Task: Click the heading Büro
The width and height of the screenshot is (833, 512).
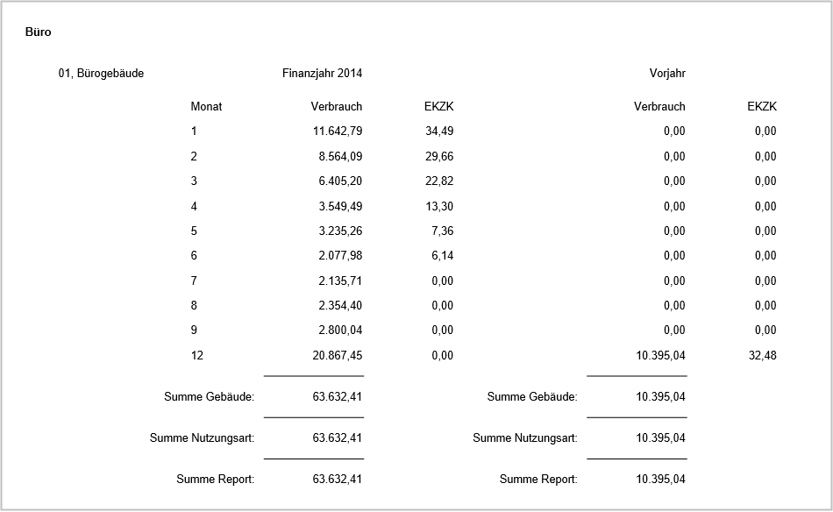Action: tap(39, 32)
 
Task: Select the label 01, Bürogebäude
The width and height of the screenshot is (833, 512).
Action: tap(101, 74)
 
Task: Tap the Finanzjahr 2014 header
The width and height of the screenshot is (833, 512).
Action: tap(322, 74)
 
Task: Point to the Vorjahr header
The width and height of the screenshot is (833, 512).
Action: tap(661, 74)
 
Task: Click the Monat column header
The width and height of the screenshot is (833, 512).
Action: tap(206, 107)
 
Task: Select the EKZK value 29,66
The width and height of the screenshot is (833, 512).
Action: tap(438, 157)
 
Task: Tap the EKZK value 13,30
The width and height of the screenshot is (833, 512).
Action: tap(438, 207)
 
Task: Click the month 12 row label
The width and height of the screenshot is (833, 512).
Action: tap(196, 356)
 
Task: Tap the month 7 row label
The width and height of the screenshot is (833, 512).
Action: tap(194, 281)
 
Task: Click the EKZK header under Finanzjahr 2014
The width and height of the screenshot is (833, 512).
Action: tap(438, 107)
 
